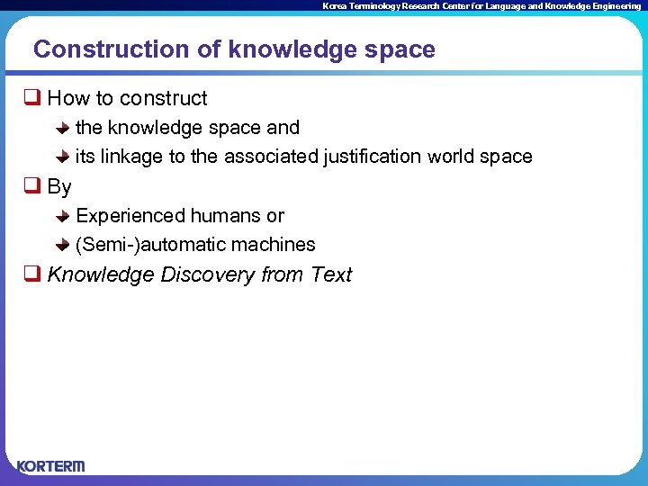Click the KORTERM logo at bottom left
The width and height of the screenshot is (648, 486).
coord(50,465)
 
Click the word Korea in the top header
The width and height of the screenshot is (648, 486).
coord(333,6)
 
